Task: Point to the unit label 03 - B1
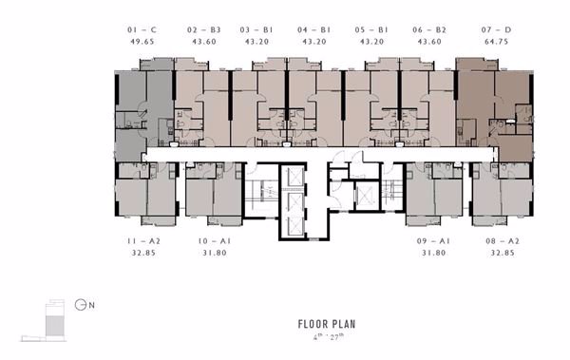click(256, 31)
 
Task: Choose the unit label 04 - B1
click(313, 31)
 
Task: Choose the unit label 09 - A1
click(433, 243)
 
